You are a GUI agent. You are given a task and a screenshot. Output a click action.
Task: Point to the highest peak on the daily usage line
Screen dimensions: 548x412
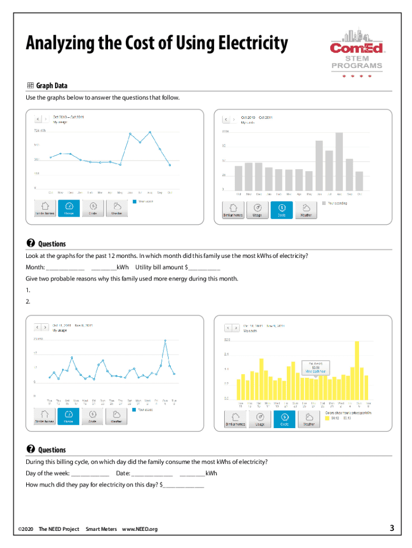tap(165, 340)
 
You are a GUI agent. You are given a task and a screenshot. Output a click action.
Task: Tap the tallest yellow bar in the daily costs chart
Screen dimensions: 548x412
tap(357, 371)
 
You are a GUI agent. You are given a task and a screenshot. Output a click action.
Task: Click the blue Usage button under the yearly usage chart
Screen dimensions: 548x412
tap(69, 208)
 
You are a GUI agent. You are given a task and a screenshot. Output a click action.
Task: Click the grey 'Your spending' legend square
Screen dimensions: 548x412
tap(323, 203)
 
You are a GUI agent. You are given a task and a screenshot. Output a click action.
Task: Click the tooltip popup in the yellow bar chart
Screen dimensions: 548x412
tap(315, 366)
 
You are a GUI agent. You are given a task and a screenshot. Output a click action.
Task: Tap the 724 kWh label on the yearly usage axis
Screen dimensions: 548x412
tap(41, 131)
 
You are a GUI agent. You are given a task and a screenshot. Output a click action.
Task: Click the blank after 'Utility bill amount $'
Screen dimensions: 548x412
tap(204, 268)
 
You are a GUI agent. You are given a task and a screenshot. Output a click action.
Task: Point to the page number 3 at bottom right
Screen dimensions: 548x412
tap(392, 529)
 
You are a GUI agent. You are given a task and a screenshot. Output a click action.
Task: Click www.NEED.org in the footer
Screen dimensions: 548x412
tap(140, 529)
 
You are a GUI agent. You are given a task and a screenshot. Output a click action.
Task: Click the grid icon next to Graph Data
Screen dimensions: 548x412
tap(30, 86)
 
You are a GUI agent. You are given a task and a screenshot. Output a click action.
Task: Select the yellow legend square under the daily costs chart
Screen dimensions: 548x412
tap(327, 418)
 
